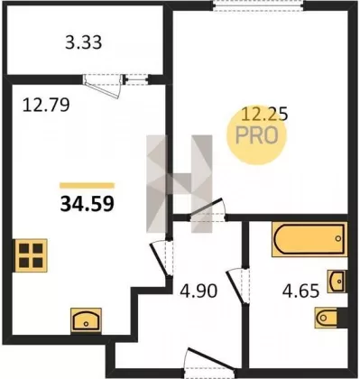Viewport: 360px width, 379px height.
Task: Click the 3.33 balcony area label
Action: (84, 42)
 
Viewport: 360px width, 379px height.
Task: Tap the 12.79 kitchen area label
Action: (46, 105)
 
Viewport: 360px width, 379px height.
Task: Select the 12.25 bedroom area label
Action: (265, 114)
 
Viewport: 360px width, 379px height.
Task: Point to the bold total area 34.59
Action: (88, 204)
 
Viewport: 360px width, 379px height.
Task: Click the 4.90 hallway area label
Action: (198, 291)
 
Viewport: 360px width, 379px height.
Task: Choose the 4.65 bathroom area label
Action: (300, 291)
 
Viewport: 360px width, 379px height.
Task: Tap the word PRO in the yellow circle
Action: (257, 135)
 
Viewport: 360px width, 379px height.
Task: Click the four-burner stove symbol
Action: (30, 255)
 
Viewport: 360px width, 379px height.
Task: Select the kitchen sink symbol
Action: (86, 320)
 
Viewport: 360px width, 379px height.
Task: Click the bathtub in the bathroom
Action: (309, 239)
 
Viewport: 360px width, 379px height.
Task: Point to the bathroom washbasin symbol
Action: (337, 282)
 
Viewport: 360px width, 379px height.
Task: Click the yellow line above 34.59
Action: (88, 186)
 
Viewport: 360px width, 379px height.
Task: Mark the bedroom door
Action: (208, 210)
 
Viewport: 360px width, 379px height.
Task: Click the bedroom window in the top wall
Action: (258, 5)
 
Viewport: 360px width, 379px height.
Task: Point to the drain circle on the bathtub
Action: (338, 239)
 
